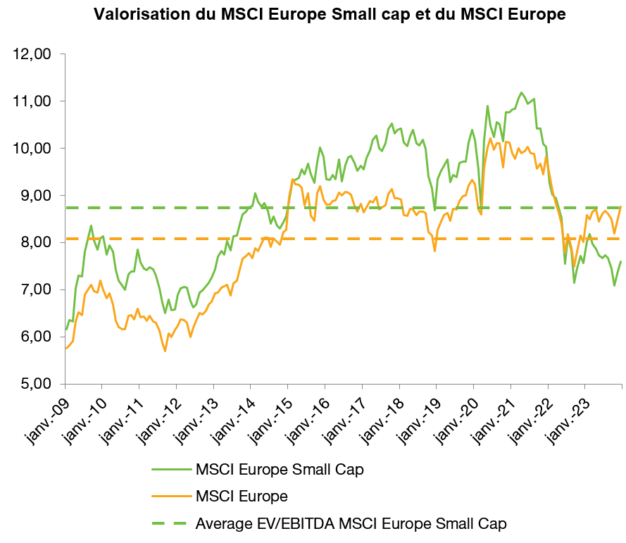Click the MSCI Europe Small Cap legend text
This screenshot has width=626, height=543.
(x=280, y=469)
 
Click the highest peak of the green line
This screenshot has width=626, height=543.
(x=521, y=92)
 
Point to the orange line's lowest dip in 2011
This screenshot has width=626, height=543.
(x=165, y=351)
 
